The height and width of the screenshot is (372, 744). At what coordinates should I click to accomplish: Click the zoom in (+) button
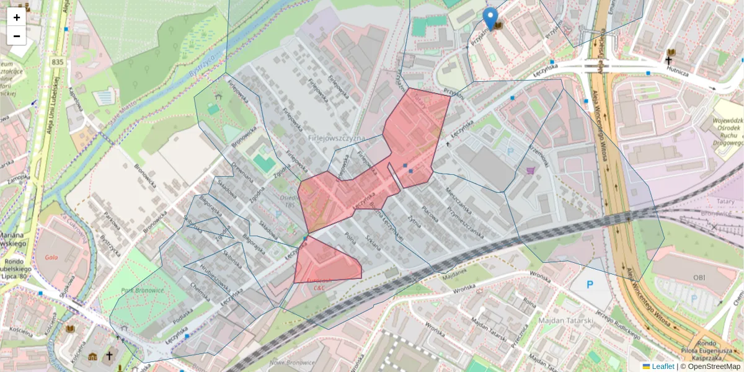tap(17, 17)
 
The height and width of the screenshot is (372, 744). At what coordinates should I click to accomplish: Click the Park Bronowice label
tap(142, 290)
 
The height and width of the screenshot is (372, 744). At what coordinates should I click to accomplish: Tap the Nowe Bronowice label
tap(293, 362)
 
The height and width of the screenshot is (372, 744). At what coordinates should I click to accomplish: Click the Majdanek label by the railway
tap(454, 272)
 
